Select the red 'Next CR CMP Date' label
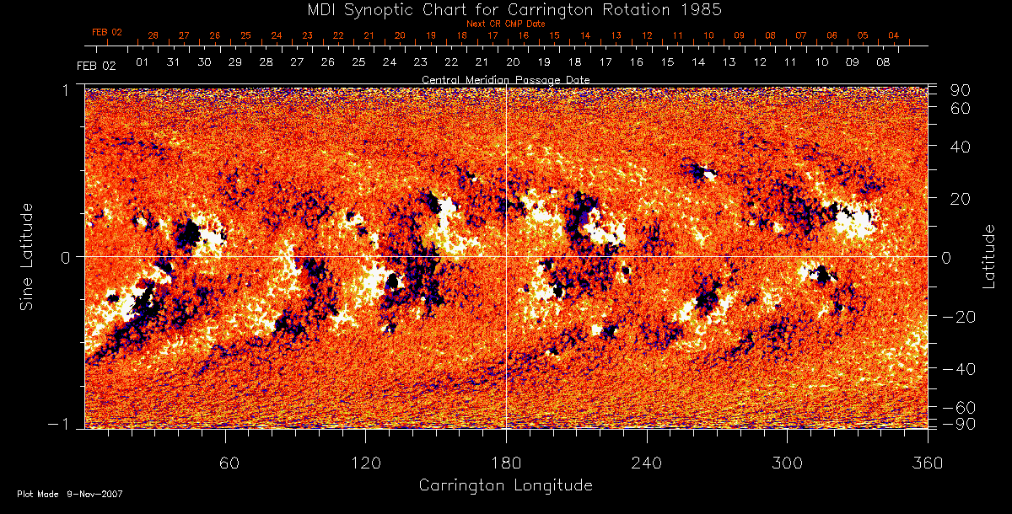click(505, 24)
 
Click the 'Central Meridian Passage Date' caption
click(505, 79)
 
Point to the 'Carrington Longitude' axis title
click(505, 485)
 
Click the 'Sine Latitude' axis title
click(28, 256)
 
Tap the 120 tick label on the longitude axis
click(365, 463)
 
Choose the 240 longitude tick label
click(647, 463)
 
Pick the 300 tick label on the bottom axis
click(787, 463)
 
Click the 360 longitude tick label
click(928, 463)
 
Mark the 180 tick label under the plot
click(506, 463)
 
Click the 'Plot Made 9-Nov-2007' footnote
click(70, 494)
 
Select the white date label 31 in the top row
click(174, 62)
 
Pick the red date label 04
click(893, 36)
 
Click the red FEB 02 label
click(107, 33)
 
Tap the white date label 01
click(143, 62)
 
